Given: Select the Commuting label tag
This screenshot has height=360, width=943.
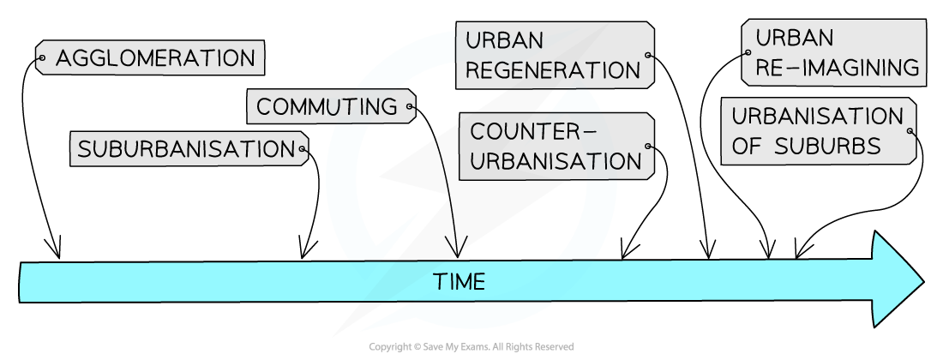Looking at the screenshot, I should tap(327, 107).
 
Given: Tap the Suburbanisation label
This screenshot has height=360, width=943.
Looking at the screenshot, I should tap(186, 149).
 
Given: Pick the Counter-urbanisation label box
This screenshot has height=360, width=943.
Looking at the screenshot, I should tap(556, 147).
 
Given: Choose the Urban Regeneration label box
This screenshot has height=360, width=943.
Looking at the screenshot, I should tap(554, 55).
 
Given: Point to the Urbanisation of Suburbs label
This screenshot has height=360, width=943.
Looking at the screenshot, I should tap(817, 131).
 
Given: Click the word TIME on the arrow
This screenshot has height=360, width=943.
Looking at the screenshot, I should tap(459, 282).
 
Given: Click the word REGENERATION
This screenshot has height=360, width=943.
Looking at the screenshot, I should tap(554, 69).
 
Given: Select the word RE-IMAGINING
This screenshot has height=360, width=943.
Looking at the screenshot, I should tap(837, 68).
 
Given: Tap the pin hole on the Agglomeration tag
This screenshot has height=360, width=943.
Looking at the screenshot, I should tap(41, 59).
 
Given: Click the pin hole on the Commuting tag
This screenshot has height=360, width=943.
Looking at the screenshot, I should tap(410, 108).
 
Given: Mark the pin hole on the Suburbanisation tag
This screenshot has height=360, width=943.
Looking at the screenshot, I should tap(302, 149).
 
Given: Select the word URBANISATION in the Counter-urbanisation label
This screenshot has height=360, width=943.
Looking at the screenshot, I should tap(556, 161).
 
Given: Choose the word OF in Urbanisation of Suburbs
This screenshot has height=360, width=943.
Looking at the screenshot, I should tap(745, 147).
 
